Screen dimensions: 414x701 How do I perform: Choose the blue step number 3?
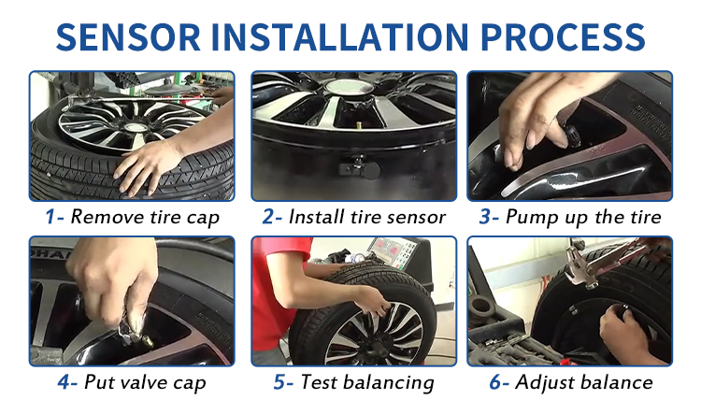(x=487, y=218)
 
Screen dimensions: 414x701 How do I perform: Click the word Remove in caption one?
(x=104, y=218)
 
